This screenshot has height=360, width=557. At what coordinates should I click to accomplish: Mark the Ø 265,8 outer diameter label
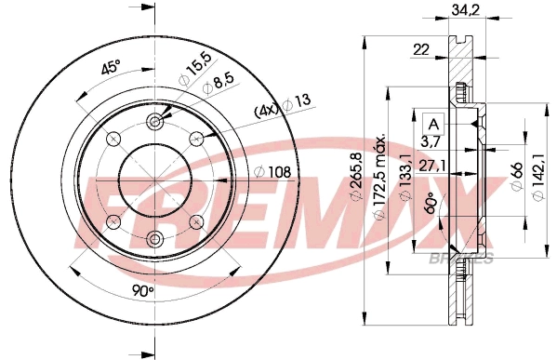click(x=357, y=182)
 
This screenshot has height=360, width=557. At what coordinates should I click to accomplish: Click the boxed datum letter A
click(x=433, y=124)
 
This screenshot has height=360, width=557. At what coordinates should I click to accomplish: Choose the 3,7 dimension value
click(x=430, y=142)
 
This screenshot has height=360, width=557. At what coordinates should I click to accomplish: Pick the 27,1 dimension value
click(x=430, y=167)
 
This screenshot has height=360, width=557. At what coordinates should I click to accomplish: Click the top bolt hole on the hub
click(x=155, y=119)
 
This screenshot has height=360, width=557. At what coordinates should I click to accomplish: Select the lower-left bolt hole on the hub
click(x=113, y=221)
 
